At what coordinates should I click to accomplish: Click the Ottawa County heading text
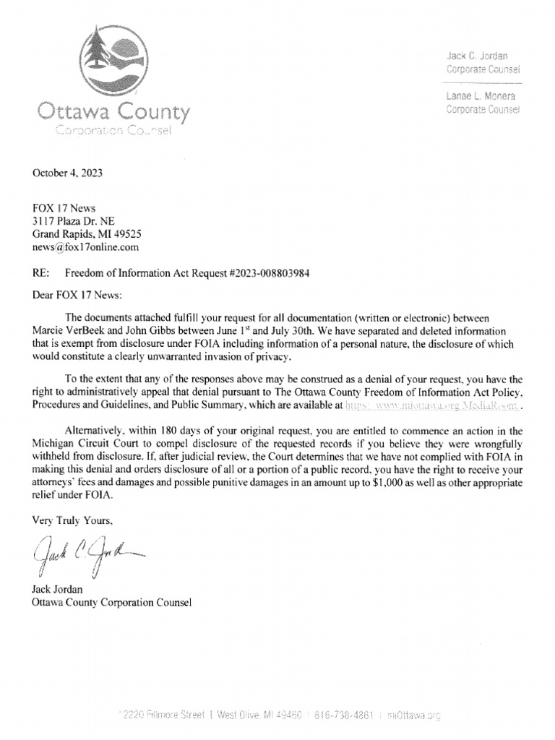pos(114,113)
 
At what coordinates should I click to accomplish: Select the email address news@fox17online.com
pos(85,246)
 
